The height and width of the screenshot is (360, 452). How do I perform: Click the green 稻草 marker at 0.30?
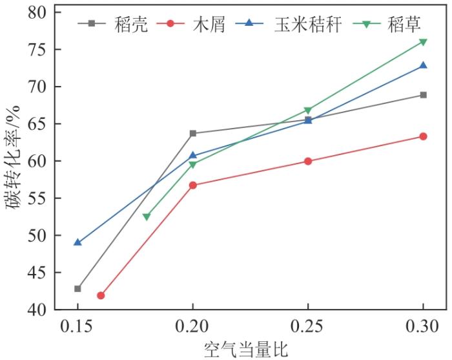(423, 42)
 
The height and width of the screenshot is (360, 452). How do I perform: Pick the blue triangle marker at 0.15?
(77, 242)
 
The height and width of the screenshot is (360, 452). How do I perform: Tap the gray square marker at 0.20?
(192, 133)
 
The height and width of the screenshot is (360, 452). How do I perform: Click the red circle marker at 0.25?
(308, 161)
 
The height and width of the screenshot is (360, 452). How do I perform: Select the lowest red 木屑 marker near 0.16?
(101, 295)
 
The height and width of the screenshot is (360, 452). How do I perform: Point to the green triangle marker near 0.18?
(147, 217)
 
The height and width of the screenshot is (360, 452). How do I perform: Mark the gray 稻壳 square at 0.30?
(423, 95)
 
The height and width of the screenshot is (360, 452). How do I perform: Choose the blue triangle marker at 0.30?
(423, 65)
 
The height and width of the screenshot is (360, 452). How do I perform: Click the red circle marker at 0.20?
(192, 185)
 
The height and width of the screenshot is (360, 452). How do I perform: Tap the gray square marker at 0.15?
(77, 288)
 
